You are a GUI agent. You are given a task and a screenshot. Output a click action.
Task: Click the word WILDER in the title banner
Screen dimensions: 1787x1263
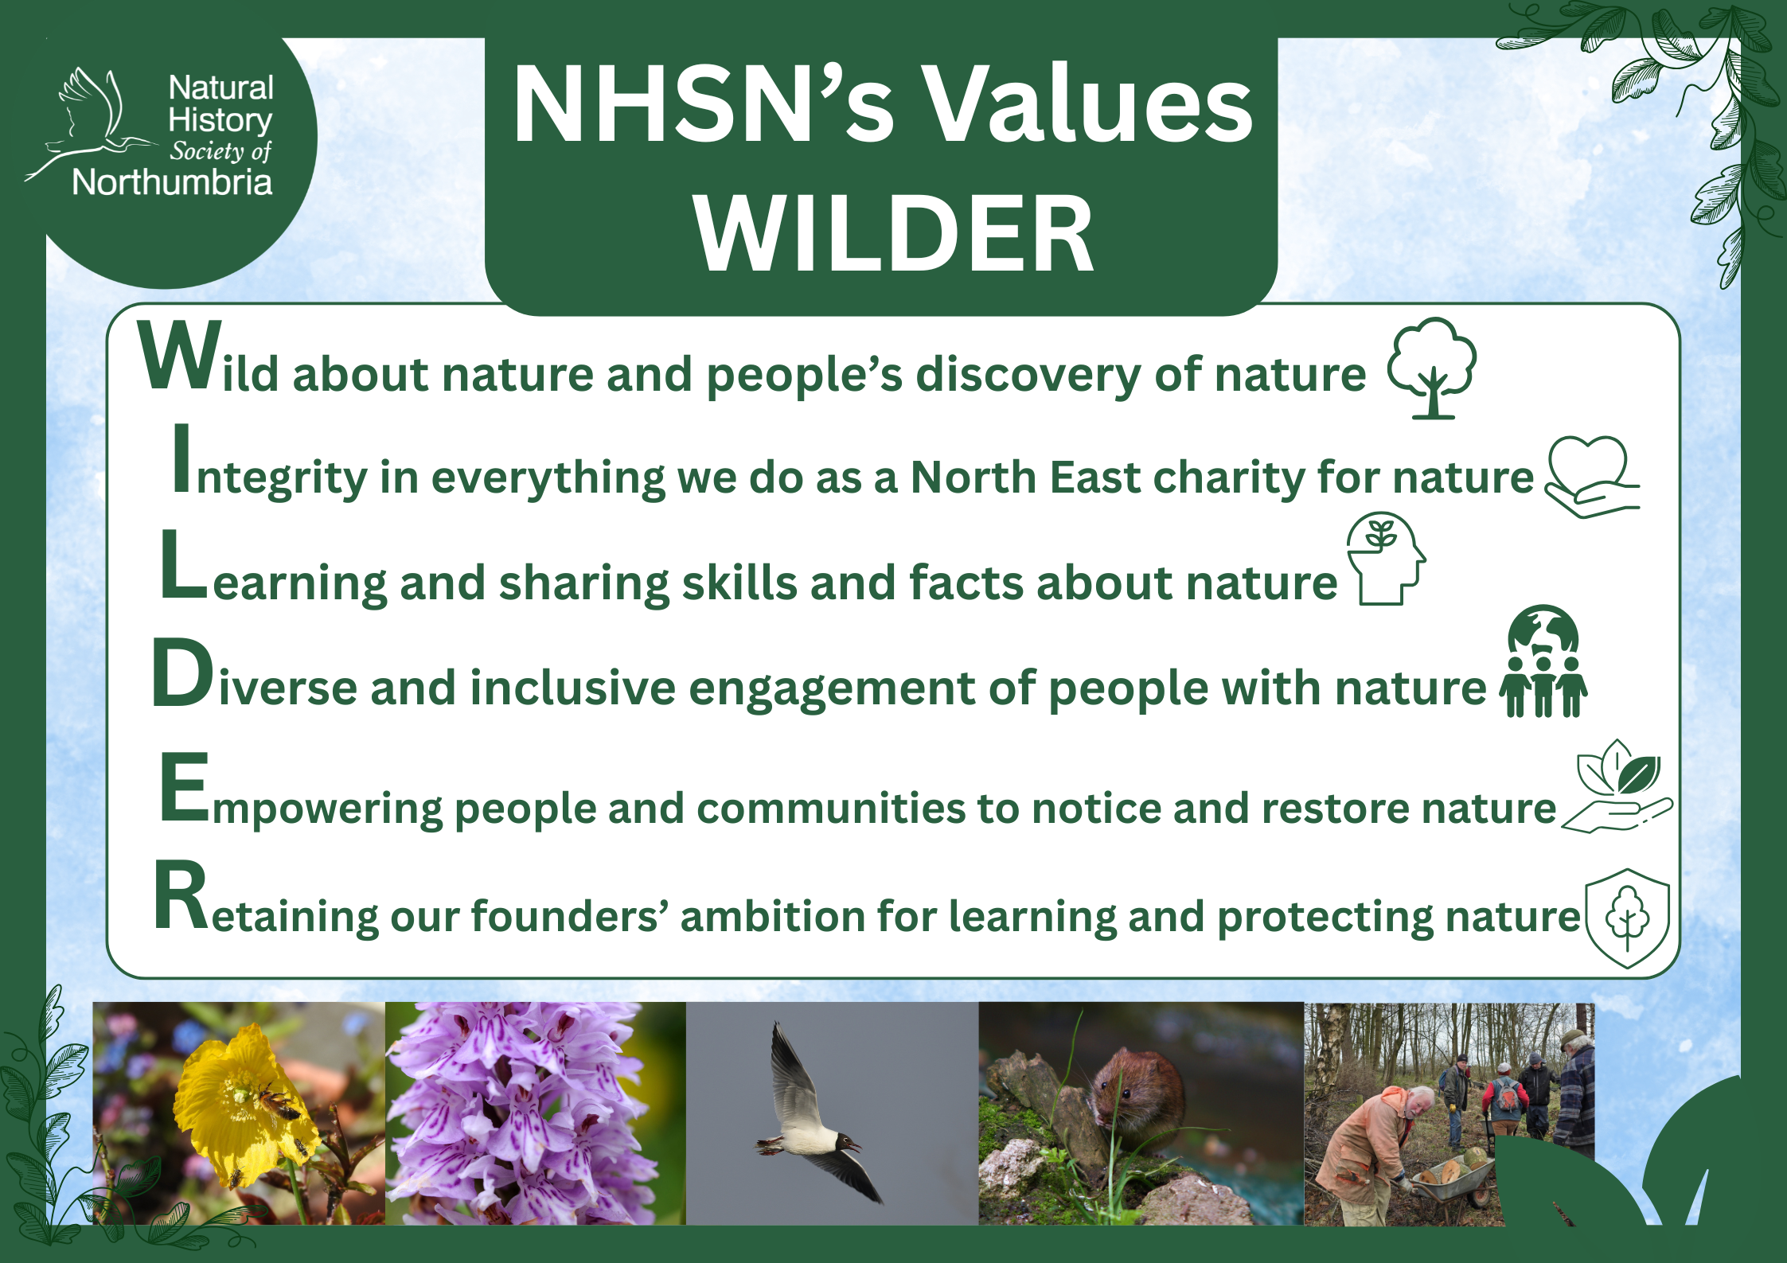[894, 233]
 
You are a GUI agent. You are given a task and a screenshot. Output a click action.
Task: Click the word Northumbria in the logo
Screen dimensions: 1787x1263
[172, 182]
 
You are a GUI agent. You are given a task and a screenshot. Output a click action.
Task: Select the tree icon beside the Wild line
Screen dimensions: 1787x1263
[1432, 368]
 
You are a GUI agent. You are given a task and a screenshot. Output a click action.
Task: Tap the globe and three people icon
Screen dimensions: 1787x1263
[1543, 662]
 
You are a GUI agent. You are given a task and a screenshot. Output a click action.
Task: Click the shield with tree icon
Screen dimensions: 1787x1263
[1627, 918]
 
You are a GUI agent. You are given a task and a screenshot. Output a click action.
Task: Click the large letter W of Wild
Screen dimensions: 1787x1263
[180, 356]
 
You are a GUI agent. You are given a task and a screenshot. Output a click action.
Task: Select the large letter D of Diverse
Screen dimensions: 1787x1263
[182, 673]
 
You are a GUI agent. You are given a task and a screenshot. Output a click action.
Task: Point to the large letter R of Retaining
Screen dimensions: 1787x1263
[181, 895]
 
